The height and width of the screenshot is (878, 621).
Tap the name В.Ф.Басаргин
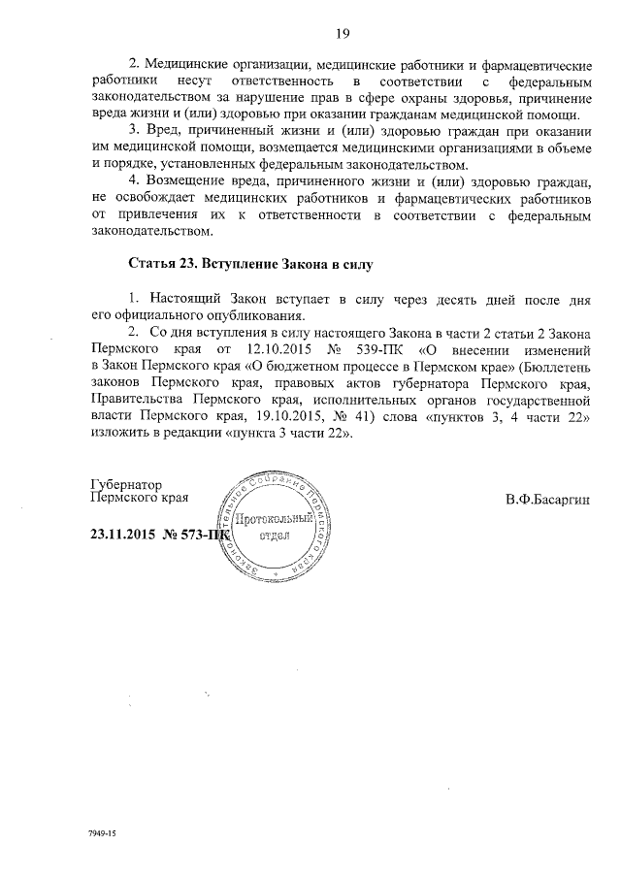pyautogui.click(x=547, y=500)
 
